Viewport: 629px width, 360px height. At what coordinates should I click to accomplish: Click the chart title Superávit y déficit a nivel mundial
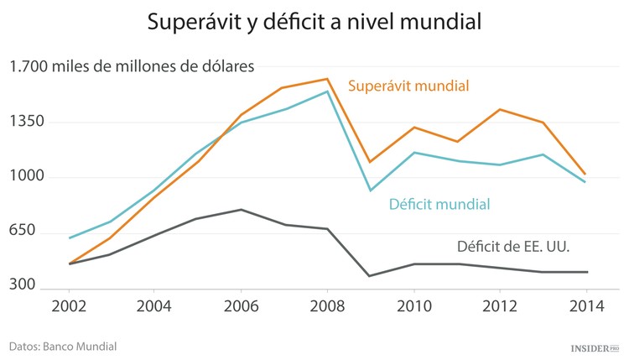(x=314, y=23)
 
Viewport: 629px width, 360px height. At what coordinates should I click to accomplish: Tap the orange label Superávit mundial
(x=408, y=86)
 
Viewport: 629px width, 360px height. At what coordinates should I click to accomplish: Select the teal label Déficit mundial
(x=439, y=204)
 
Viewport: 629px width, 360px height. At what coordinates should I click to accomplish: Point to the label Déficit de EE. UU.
(x=519, y=247)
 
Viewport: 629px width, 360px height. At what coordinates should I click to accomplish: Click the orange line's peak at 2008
(x=326, y=79)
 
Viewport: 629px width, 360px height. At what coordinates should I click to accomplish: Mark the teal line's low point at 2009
(x=370, y=190)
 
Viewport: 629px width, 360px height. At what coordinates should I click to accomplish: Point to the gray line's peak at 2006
(x=240, y=210)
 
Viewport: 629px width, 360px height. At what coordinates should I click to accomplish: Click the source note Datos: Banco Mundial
(x=63, y=346)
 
